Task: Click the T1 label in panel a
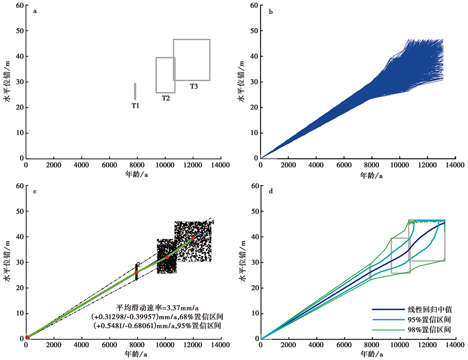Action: (136, 106)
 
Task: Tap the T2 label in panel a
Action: (166, 98)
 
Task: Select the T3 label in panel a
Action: (194, 86)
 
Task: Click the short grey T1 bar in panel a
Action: (135, 91)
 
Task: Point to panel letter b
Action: (271, 12)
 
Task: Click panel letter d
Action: (271, 191)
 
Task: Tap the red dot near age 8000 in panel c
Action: (136, 272)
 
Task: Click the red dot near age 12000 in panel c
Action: (193, 238)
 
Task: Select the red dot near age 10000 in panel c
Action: (167, 257)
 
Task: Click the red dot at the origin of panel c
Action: (27, 338)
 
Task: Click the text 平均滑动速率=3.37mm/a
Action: (157, 308)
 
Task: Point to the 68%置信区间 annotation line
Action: (157, 316)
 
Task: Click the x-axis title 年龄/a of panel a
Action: (136, 174)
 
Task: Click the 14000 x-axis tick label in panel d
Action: (455, 345)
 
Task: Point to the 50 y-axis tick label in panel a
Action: (20, 31)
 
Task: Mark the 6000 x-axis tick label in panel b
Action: (344, 165)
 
